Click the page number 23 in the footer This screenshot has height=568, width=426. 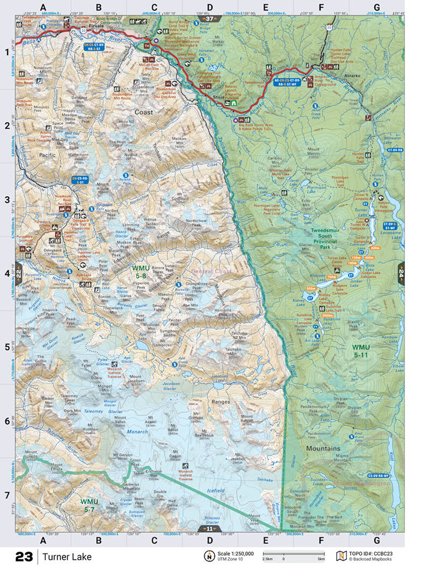(24, 557)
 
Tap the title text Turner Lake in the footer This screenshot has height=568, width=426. (68, 557)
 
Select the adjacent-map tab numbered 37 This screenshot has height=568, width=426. (210, 19)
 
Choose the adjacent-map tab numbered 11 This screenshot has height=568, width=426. (210, 529)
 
